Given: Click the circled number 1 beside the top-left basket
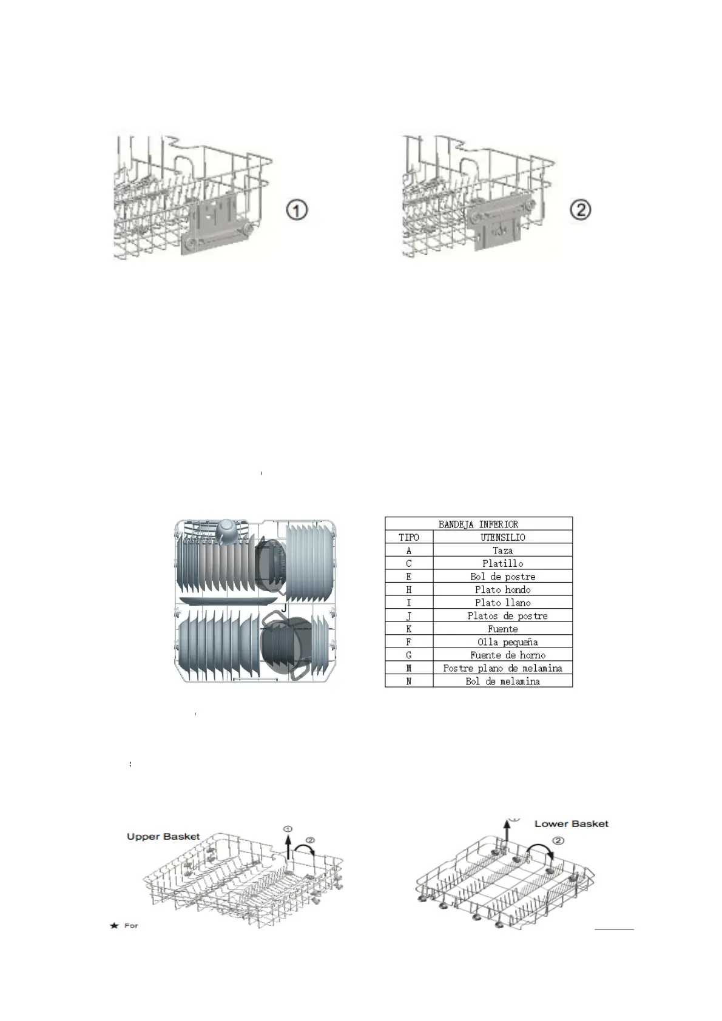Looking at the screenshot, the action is [297, 211].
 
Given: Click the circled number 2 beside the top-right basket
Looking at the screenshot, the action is [581, 210].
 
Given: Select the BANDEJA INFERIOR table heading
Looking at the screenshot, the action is [478, 524].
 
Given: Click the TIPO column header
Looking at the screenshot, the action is [408, 537].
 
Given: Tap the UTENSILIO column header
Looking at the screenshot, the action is [502, 537].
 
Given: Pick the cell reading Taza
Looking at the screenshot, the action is [502, 551].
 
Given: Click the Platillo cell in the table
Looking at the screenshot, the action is [502, 563].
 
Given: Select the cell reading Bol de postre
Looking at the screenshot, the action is [502, 577].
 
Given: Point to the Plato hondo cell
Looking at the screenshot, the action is [502, 589].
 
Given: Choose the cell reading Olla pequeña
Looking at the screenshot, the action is [507, 641].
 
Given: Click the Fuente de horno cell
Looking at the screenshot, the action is [507, 655].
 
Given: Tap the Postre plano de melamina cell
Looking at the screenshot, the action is [502, 668].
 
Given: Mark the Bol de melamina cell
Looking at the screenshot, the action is [502, 681].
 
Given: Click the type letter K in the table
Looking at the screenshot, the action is [408, 629].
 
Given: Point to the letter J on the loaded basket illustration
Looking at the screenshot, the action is [284, 608].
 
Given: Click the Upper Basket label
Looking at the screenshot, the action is [163, 837].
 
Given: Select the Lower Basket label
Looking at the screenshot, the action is [571, 823].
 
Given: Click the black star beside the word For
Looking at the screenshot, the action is [113, 926].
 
